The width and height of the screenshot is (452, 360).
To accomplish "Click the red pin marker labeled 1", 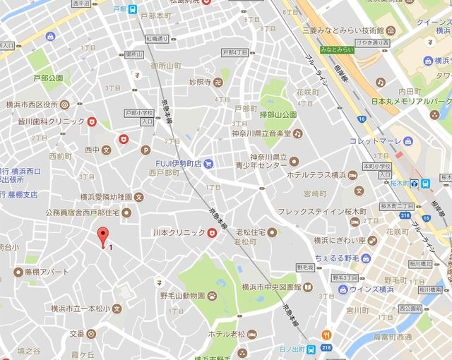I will [103, 237].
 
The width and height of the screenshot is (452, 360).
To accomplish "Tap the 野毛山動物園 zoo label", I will [182, 296].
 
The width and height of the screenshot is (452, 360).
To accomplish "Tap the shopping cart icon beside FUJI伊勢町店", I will [208, 164].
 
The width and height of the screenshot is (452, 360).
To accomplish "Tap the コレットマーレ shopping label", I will [374, 140].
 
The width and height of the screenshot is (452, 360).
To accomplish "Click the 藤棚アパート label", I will [44, 272].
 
